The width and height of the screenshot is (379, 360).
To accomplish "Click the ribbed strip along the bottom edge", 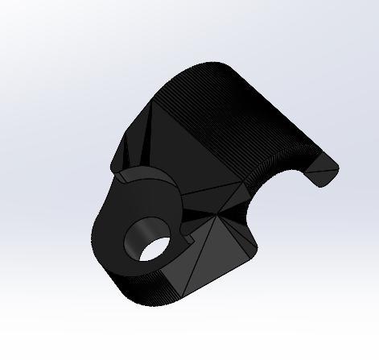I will [153, 290].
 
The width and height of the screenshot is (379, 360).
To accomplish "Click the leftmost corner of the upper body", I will [112, 165].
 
